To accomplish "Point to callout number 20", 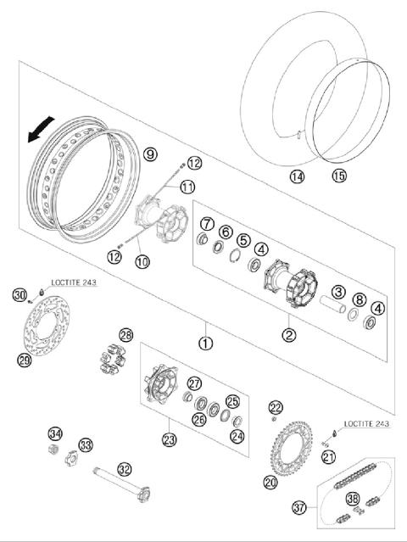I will tap(270, 483).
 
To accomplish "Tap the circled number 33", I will tap(85, 444).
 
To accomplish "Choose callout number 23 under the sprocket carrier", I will tap(170, 439).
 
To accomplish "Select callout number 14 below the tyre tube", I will tap(296, 176).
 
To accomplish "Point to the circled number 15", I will tap(339, 176).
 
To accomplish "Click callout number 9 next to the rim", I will tap(149, 154).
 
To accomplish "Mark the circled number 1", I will tap(204, 344).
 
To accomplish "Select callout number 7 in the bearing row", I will tap(206, 224).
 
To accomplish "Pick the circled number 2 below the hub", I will tap(289, 334).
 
